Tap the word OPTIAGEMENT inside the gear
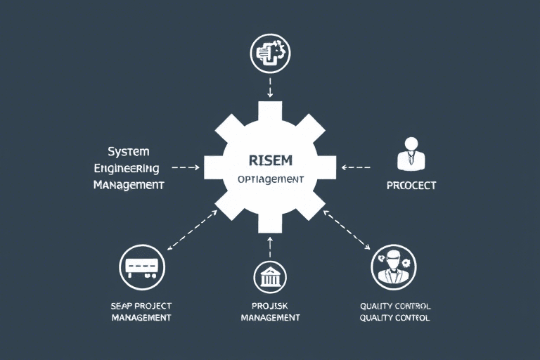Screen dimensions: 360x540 [x=271, y=179]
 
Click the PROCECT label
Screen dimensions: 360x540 [x=411, y=186]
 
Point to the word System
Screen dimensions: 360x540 [x=128, y=152]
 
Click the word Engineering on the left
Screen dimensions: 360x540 [x=127, y=169]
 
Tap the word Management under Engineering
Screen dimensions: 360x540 [x=129, y=186]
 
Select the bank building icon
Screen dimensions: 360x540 [x=270, y=277]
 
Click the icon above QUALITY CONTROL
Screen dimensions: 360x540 [x=394, y=267]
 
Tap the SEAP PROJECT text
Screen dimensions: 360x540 [x=141, y=307]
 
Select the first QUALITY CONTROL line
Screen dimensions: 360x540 [x=395, y=307]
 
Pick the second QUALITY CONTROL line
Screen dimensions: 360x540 [x=395, y=318]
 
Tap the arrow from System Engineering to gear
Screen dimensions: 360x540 [x=186, y=168]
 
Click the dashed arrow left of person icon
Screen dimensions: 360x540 [x=356, y=167]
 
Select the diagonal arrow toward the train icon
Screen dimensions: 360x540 [x=192, y=229]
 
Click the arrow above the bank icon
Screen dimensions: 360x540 [x=270, y=243]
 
